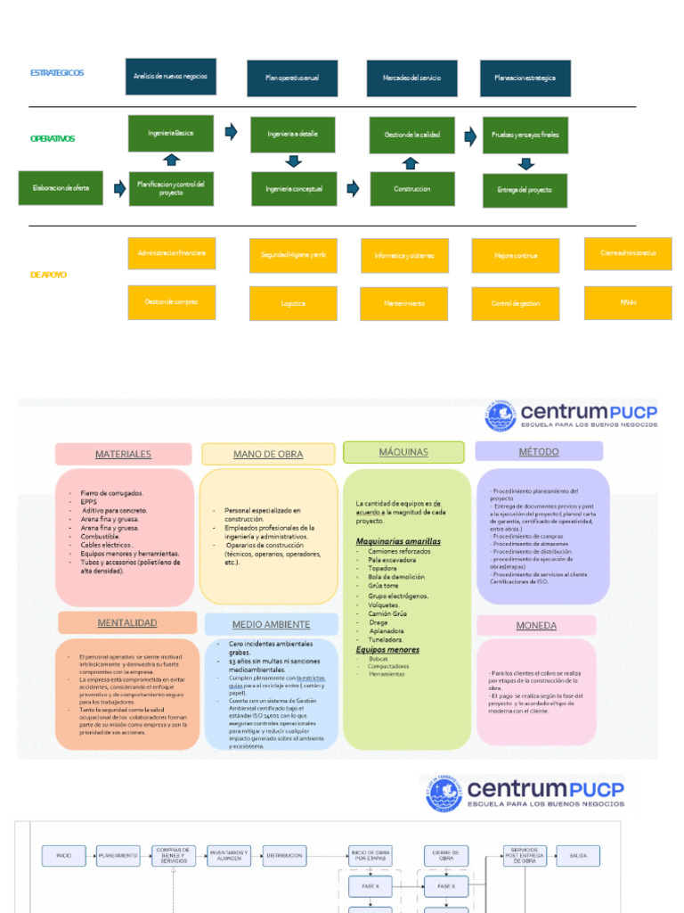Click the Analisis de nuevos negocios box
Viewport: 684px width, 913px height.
tap(170, 77)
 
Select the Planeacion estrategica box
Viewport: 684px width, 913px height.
tap(525, 78)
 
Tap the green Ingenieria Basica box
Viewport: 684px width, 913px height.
tap(171, 133)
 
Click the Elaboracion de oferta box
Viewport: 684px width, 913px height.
tap(61, 188)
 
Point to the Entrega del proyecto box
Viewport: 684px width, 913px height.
tap(525, 190)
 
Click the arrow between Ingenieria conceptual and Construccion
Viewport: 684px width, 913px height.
tap(353, 188)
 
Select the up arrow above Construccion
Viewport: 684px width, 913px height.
tap(410, 163)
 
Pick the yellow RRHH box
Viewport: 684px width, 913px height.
tap(628, 302)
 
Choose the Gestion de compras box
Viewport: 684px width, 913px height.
tap(171, 302)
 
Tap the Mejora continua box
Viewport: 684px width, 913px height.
tap(516, 256)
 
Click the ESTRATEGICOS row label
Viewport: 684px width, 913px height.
tap(57, 72)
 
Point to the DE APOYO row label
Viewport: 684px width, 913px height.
tap(49, 275)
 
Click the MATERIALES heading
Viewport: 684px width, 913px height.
tap(123, 454)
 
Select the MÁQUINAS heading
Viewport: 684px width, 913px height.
tap(403, 452)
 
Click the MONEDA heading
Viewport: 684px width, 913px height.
tap(536, 625)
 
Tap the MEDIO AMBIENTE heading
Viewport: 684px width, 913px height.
tap(271, 624)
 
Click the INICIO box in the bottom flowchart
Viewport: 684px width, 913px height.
tap(64, 855)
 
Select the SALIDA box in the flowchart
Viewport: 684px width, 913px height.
tap(579, 855)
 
